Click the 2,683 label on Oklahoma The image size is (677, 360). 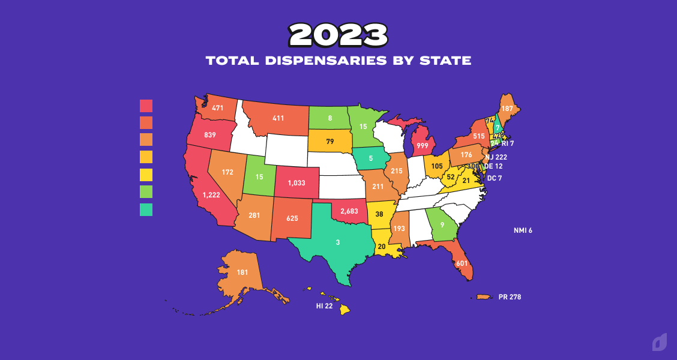349,211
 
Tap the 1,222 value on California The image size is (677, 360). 211,195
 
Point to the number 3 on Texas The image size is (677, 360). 337,242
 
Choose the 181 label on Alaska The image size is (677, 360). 242,272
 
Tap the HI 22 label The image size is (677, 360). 324,306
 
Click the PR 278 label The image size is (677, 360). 510,297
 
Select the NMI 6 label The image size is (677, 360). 523,230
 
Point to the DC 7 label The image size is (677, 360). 495,178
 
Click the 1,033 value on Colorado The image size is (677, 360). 296,182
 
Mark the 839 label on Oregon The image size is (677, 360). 209,135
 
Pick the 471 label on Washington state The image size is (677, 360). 217,109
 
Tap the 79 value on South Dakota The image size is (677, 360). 329,142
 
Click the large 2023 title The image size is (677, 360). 338,35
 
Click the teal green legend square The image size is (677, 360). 146,209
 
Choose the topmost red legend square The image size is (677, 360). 146,106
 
